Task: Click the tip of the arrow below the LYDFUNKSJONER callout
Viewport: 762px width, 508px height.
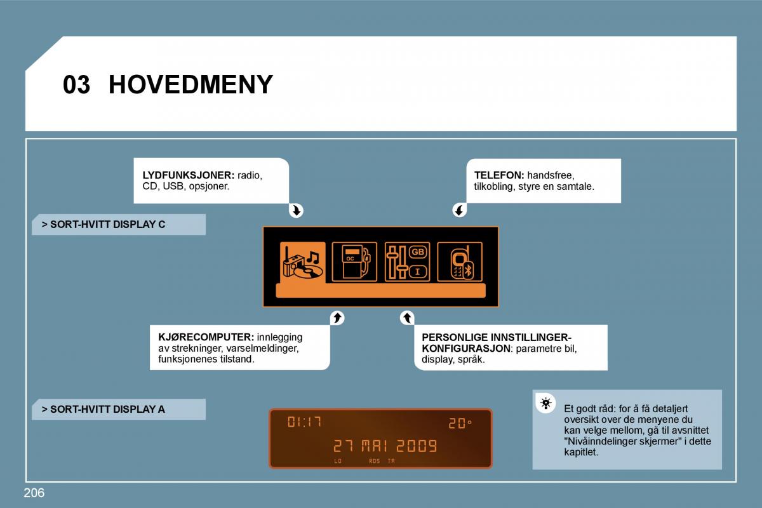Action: point(297,215)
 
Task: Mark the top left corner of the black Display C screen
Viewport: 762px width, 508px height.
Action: point(263,227)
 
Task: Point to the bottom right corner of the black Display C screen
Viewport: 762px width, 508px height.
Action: point(499,307)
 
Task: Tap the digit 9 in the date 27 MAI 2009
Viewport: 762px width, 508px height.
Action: point(432,446)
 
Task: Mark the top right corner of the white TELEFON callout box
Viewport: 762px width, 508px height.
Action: point(621,159)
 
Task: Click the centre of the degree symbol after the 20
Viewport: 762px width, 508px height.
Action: point(469,422)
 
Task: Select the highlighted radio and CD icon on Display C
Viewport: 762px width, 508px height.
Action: point(303,262)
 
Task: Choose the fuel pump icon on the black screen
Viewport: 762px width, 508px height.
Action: point(354,262)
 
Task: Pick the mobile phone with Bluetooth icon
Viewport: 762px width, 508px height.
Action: point(460,262)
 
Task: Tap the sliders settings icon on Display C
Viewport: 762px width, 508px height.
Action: point(407,262)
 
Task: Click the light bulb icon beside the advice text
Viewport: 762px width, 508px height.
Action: point(545,403)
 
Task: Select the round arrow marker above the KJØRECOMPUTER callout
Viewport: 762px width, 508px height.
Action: point(337,318)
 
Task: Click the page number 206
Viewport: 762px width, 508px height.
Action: point(34,493)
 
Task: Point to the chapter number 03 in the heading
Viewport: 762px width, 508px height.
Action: point(77,84)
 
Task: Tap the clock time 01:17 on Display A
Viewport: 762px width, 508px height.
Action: point(304,422)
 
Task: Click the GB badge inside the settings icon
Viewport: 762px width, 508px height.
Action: point(418,252)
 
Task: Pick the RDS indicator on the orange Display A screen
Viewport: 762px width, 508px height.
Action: point(374,461)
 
